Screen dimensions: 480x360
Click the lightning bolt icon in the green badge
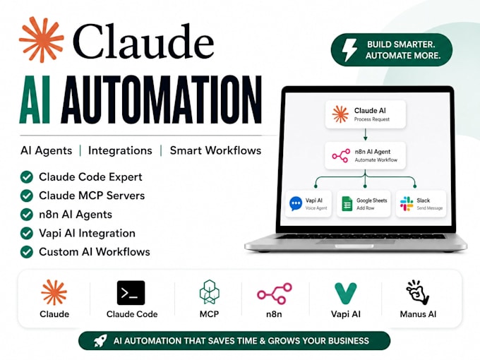(x=349, y=50)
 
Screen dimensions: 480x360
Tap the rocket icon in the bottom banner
(x=100, y=340)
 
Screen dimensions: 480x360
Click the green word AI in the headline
(x=35, y=100)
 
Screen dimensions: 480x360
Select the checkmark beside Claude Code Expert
(x=27, y=177)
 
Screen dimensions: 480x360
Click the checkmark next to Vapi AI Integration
(x=27, y=233)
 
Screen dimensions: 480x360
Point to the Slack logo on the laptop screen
(x=407, y=204)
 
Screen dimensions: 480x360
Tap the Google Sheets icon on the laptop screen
(x=347, y=204)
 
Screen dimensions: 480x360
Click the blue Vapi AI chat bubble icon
(x=296, y=203)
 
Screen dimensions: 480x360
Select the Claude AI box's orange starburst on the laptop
(x=340, y=114)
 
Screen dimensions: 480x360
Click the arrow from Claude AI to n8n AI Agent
(x=365, y=134)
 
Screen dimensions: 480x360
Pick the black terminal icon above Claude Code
(x=131, y=293)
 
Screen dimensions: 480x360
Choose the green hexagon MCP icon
(x=210, y=292)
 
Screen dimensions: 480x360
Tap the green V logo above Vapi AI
(x=346, y=293)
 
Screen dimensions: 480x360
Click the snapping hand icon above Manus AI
(x=418, y=292)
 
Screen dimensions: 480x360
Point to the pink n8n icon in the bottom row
(x=275, y=293)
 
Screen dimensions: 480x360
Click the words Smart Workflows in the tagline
(x=215, y=150)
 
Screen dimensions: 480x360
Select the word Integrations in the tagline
(x=120, y=150)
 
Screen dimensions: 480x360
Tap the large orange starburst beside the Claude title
(x=42, y=40)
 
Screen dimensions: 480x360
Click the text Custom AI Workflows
(x=95, y=252)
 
